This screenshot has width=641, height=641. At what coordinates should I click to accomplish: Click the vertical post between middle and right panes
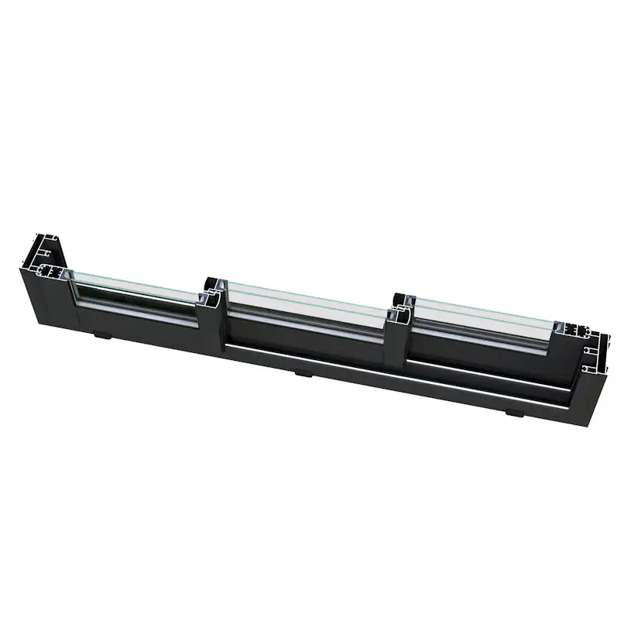[399, 329]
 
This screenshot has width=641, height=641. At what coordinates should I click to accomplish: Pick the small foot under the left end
[101, 336]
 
